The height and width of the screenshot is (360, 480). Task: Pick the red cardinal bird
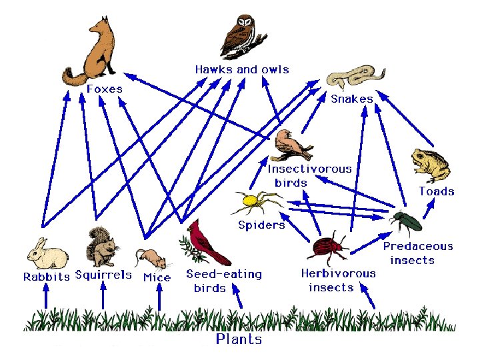pos(205,243)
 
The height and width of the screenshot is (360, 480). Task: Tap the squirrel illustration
pos(101,247)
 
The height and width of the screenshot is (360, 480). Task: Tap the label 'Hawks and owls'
pos(242,69)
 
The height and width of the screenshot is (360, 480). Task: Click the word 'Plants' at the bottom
pos(239,339)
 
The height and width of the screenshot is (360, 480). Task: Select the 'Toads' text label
pos(436,191)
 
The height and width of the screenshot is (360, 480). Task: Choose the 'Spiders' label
pos(261,225)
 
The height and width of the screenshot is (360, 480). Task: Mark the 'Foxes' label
pos(105,88)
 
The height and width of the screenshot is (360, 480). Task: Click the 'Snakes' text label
pos(352,99)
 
